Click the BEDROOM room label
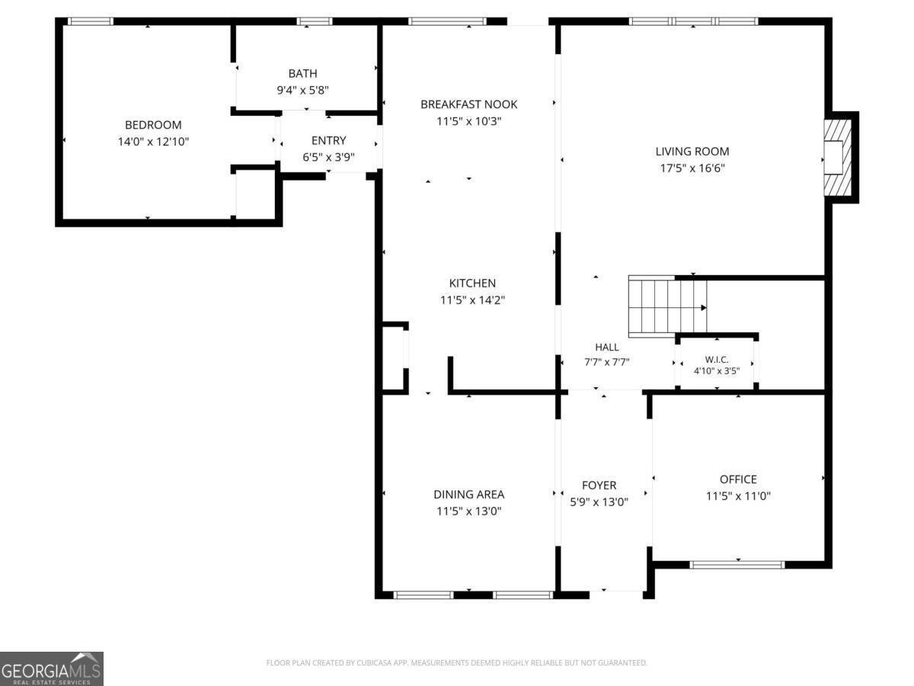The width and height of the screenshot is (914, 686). [x=153, y=124]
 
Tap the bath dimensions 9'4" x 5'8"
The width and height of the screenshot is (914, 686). [x=302, y=90]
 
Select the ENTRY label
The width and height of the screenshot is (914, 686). [x=328, y=140]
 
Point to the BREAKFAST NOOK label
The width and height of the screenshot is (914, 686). [x=469, y=104]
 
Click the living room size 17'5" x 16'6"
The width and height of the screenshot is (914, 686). [x=692, y=168]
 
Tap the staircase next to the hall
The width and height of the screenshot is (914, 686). [x=667, y=306]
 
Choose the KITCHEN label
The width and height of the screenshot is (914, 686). [x=472, y=284]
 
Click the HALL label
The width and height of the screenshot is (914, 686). [x=607, y=347]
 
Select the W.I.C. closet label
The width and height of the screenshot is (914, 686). [x=717, y=360]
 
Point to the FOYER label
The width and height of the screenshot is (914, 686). [x=599, y=486]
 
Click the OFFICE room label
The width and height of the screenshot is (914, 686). [x=738, y=479]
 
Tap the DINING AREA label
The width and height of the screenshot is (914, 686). [x=469, y=495]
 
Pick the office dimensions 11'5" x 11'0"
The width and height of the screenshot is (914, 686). [x=738, y=496]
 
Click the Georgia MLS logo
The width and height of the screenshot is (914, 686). [x=52, y=669]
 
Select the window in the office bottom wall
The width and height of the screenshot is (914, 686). [x=737, y=565]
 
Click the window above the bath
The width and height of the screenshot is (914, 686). [x=315, y=21]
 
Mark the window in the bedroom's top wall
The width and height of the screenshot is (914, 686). [x=91, y=21]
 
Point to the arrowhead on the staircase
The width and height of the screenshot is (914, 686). [x=703, y=308]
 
